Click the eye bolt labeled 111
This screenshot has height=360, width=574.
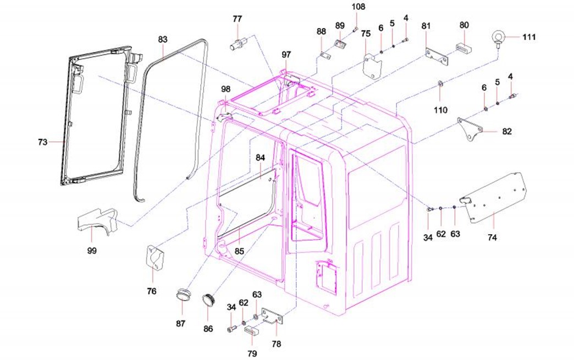(x=498, y=38)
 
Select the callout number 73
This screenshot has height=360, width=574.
(x=42, y=142)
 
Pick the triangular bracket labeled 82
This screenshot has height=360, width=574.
(x=470, y=129)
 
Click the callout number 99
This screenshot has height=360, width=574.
(x=92, y=251)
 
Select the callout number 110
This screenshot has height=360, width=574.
(x=440, y=110)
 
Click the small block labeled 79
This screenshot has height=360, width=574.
(x=252, y=331)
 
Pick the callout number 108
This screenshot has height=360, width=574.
(x=358, y=7)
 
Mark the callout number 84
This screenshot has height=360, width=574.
(x=260, y=158)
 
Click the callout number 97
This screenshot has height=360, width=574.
(x=286, y=54)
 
